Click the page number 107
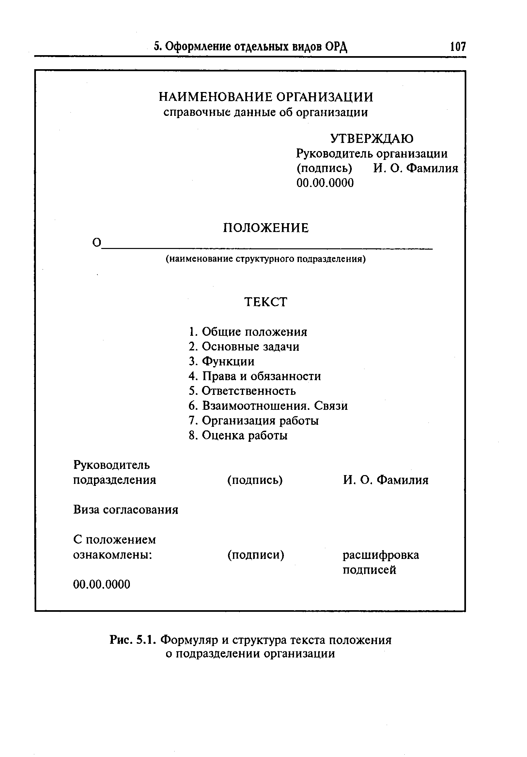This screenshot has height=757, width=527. tap(457, 46)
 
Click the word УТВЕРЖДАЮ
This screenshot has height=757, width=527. tap(372, 139)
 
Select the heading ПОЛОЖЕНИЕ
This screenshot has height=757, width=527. tap(266, 228)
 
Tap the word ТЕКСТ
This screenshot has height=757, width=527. tap(266, 302)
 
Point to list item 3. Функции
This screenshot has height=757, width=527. tap(222, 361)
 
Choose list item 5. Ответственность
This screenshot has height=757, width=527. tap(242, 391)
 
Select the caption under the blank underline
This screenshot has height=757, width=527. tap(266, 259)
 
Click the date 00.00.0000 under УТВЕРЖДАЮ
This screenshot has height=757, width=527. tap(325, 183)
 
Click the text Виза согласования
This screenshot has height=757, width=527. tap(126, 510)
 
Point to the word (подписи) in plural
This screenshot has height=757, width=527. tap(256, 555)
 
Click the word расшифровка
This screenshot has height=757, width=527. tap(381, 555)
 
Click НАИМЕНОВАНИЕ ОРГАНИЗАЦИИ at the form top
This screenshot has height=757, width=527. tap(266, 97)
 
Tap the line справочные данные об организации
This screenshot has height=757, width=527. tap(266, 113)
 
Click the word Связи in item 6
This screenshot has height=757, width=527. tap(331, 406)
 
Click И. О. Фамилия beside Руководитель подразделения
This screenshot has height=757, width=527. tap(385, 480)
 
